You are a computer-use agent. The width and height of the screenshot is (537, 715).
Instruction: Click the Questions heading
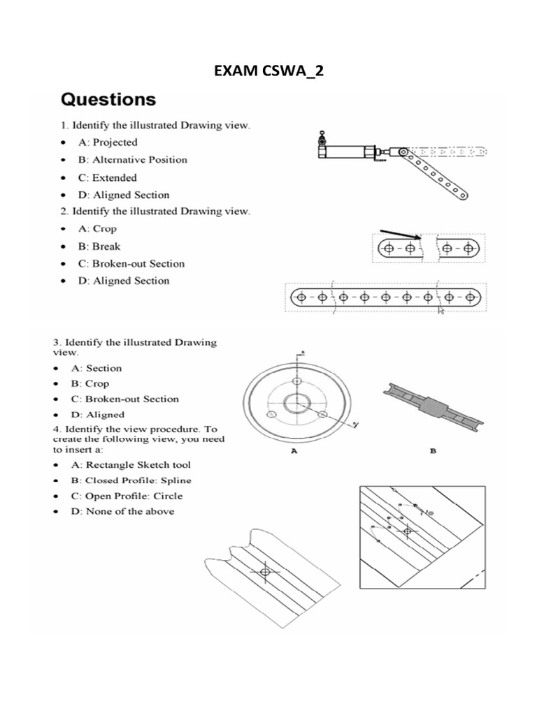(108, 99)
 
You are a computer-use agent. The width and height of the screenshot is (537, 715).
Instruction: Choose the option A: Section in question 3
(103, 368)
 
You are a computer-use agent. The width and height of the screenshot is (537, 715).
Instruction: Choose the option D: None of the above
(129, 511)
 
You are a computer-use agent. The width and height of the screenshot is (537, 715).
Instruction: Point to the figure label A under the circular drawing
(294, 452)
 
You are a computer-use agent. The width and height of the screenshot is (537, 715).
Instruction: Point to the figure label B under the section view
(433, 452)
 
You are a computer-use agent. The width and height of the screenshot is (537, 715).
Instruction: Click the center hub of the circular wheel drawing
(297, 403)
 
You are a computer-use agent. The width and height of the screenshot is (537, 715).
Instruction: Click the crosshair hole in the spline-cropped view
(264, 572)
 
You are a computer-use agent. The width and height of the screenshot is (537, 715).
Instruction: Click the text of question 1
(152, 125)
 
